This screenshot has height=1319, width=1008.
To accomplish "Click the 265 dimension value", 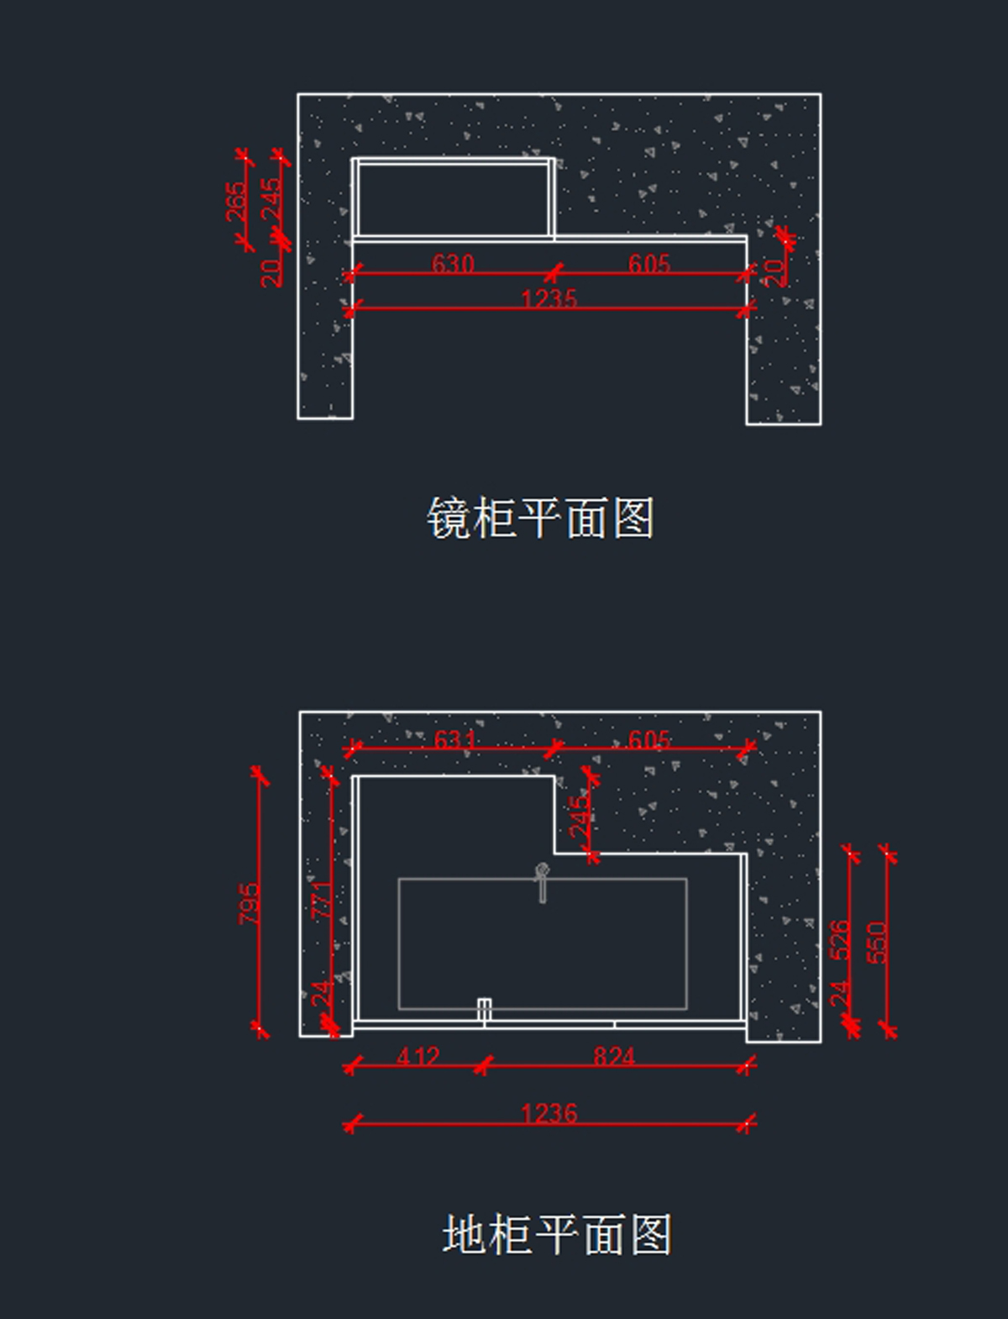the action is coord(237,202).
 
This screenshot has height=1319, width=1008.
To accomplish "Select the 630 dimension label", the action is coord(453,263).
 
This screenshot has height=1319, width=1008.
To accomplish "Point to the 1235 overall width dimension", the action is coord(549,298).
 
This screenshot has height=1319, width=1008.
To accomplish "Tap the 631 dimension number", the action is coord(454,739).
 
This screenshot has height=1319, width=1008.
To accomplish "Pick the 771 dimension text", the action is coord(322,900).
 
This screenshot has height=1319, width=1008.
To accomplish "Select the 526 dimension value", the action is coord(840,940).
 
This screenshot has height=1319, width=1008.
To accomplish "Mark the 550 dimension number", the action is coord(877,943).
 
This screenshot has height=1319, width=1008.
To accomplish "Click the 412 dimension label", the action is coord(418,1056).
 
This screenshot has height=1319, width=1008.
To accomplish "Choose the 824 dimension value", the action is coord(614,1056).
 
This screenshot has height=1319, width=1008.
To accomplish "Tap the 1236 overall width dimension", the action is coord(549,1114).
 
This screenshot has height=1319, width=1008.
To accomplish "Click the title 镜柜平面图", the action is coord(541,517).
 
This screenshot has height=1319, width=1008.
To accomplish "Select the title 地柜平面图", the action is coord(556,1233).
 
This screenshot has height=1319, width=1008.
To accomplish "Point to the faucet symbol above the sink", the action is coord(542,883).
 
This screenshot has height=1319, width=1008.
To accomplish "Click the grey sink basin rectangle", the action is coord(543,943).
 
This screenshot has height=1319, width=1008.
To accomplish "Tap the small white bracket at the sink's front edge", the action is coord(484,1010).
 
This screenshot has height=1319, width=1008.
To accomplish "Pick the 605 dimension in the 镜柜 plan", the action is coord(648,263).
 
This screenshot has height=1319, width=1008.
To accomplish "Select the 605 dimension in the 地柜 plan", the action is coord(648,739).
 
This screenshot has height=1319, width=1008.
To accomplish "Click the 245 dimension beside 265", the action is coord(271,198).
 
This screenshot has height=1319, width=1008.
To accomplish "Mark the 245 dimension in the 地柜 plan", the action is coord(580,817).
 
